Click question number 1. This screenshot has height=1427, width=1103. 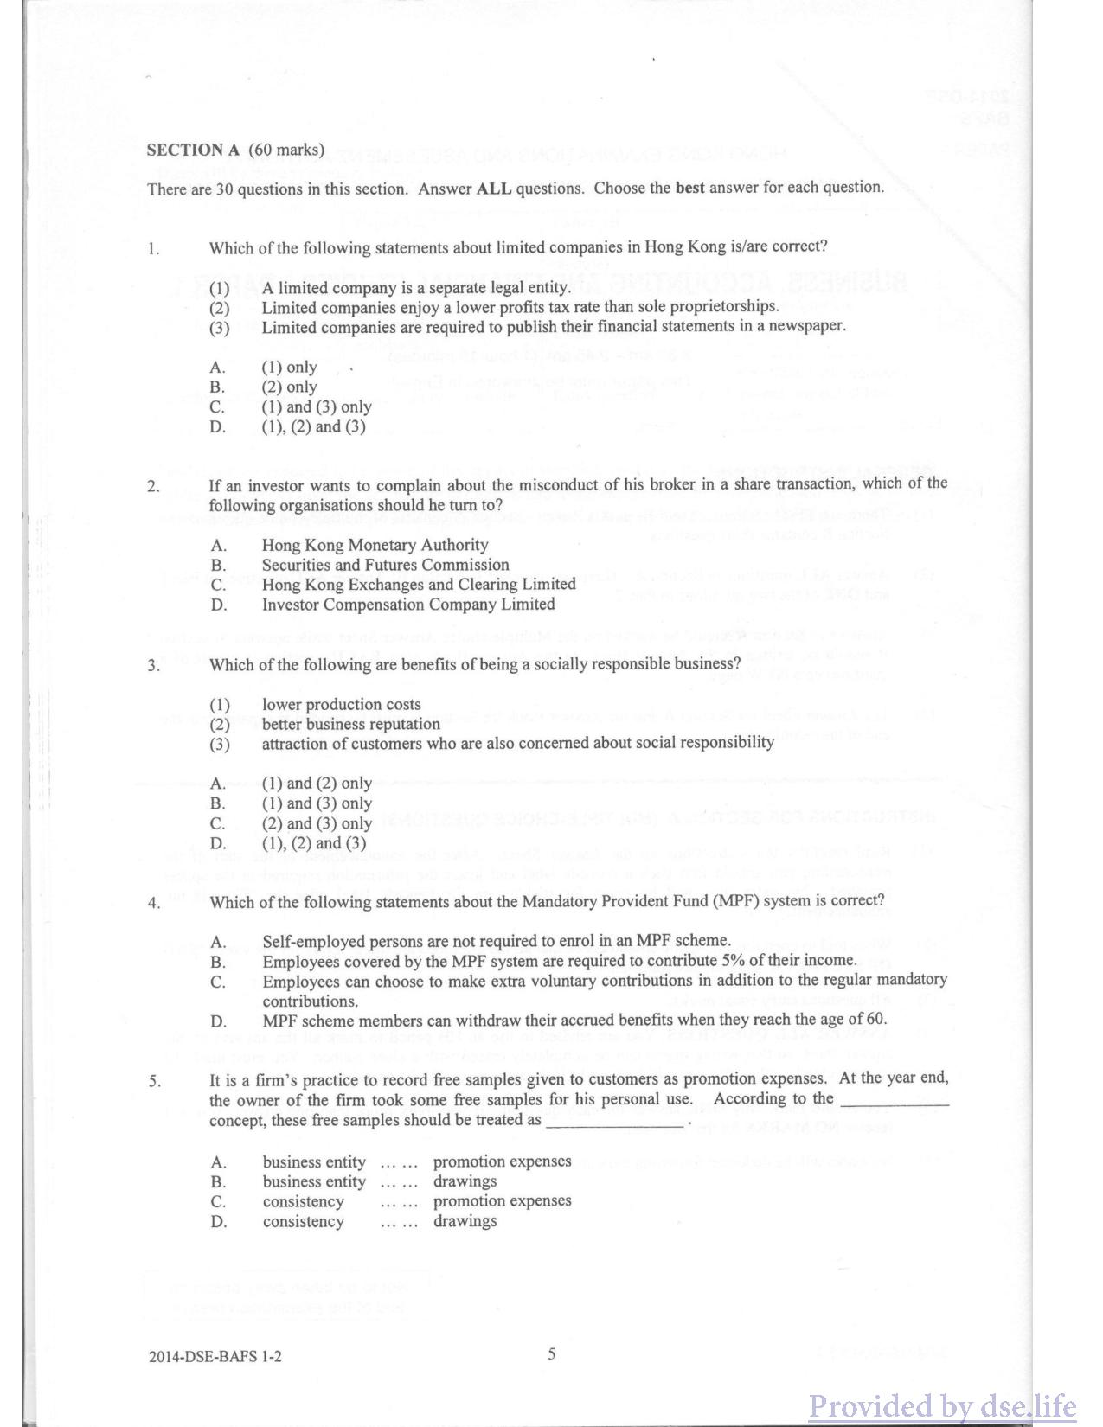152,249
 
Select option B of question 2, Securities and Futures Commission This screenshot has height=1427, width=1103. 385,565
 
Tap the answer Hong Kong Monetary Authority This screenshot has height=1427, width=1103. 375,545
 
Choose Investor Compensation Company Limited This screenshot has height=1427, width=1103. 407,605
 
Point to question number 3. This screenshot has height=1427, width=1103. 152,666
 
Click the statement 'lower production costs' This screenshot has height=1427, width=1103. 341,705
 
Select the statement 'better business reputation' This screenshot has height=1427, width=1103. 350,724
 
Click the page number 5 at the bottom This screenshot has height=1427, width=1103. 551,1354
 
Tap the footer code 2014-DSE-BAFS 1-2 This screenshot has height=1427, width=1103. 215,1357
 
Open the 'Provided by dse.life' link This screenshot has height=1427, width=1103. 942,1406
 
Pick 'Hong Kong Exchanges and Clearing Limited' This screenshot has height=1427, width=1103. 419,585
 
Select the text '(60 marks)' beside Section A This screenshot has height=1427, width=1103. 286,150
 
